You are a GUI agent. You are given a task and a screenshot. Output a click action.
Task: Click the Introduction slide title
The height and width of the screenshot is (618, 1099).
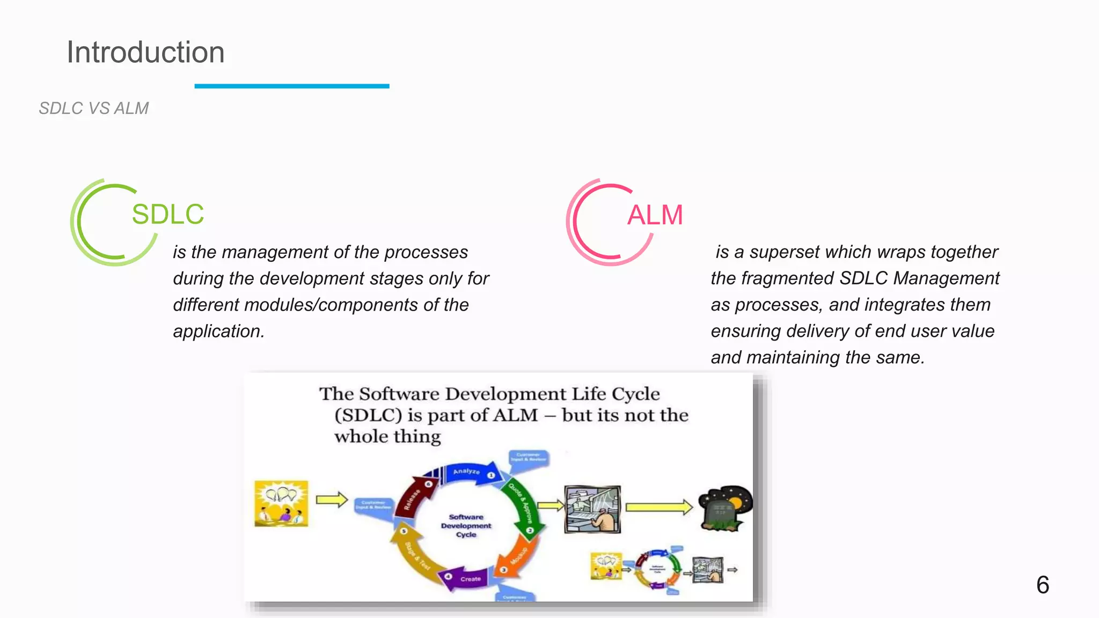coord(145,53)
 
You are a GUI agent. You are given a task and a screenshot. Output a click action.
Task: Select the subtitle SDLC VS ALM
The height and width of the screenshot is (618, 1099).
coord(94,108)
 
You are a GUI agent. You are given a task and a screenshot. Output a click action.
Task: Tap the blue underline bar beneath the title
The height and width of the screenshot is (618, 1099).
coord(291,86)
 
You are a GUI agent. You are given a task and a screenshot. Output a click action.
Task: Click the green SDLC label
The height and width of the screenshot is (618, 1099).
coord(168,214)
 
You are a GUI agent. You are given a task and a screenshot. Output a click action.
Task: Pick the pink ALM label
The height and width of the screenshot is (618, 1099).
coord(655,215)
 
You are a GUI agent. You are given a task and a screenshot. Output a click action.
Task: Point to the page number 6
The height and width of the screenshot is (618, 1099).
coord(1042,585)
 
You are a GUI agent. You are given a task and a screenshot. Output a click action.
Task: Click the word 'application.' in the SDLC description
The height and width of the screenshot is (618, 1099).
coord(218,332)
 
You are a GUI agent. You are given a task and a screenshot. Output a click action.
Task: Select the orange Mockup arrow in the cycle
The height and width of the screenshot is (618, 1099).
coord(516,558)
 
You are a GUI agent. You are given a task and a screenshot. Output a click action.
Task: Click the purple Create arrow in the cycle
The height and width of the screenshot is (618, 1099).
coord(466,579)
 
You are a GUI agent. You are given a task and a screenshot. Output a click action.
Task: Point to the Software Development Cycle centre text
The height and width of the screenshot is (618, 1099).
coord(466,526)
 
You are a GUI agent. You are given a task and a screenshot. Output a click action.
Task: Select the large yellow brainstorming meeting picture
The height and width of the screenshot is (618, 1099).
coord(281,503)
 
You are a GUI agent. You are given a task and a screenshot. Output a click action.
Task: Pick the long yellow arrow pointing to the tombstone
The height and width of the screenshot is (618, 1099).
coord(659,507)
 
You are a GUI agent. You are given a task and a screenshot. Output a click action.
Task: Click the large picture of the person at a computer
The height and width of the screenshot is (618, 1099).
coord(592,509)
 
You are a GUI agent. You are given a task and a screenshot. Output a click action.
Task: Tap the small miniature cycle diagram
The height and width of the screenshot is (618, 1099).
coord(658,570)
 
